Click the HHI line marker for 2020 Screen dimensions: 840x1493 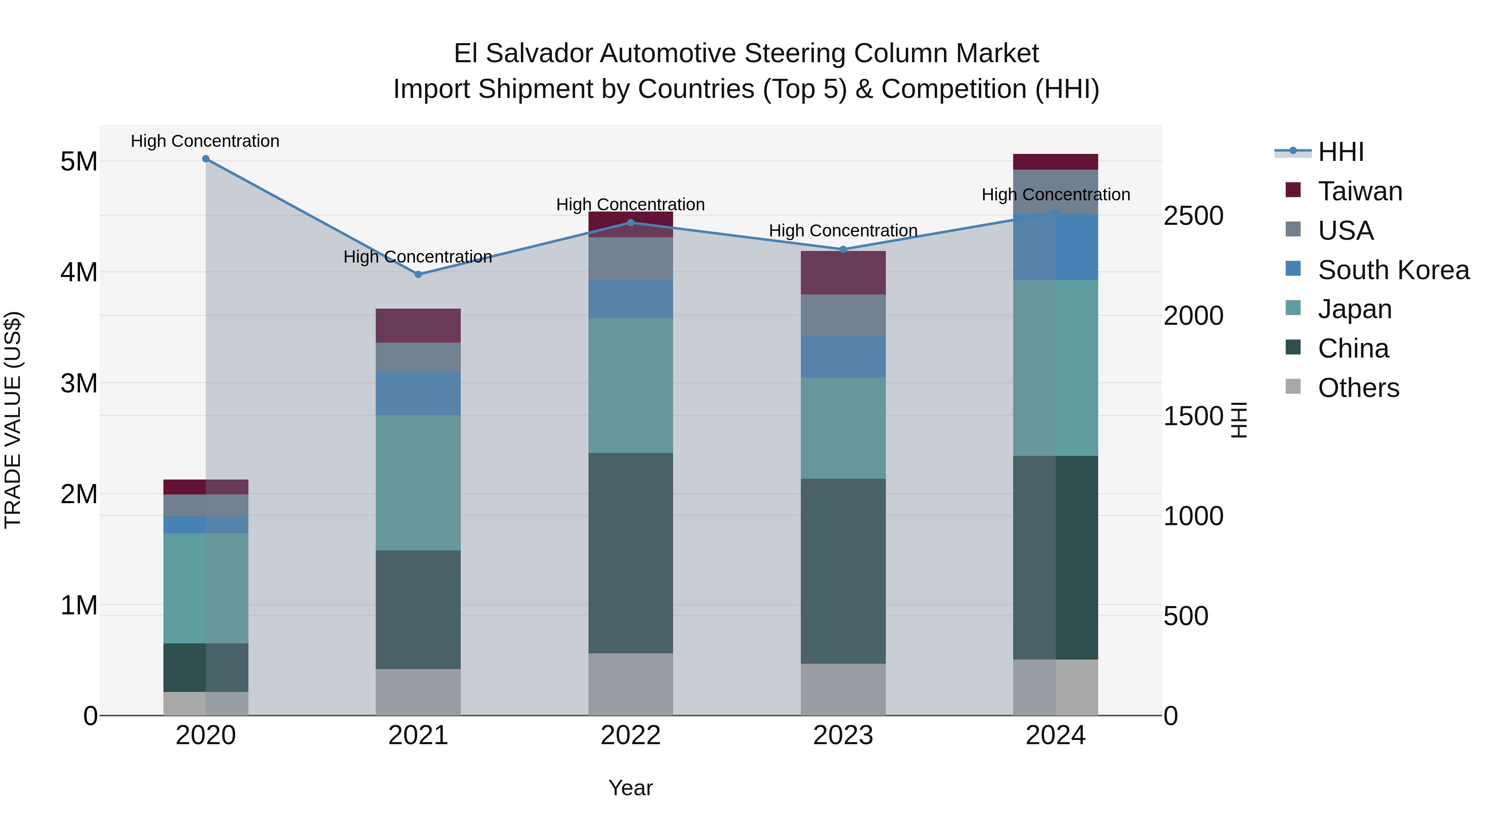click(x=206, y=159)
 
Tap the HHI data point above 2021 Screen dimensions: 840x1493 click(x=418, y=275)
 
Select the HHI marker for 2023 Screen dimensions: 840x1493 click(x=843, y=250)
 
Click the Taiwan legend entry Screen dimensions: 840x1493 click(x=1360, y=191)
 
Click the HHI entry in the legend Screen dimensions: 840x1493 click(x=1340, y=152)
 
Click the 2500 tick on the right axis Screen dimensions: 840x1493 click(x=1193, y=216)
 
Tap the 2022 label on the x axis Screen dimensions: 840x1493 click(x=630, y=735)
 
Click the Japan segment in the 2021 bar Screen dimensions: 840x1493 click(x=418, y=482)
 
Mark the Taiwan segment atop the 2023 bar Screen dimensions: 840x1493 click(x=843, y=273)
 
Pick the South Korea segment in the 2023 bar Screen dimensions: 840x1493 click(x=843, y=357)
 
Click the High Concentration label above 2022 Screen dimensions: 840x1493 click(x=630, y=205)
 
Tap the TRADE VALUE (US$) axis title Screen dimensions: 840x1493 click(x=13, y=420)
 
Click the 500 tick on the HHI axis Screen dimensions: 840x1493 click(x=1186, y=616)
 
